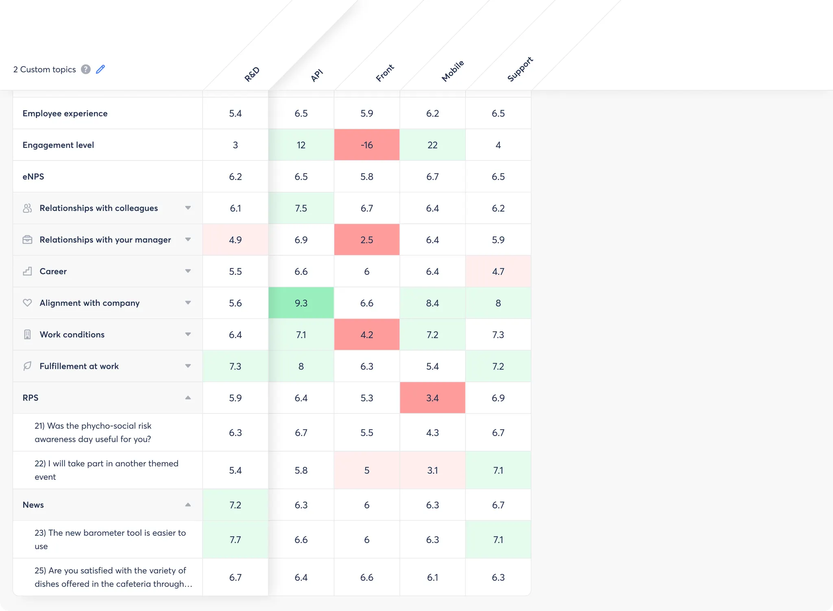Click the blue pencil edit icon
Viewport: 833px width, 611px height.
100,70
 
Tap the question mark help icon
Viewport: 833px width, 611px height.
85,70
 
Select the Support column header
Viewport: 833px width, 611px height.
520,70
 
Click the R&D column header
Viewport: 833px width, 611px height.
252,74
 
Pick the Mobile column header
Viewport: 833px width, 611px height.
452,71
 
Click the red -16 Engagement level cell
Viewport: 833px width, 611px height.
366,145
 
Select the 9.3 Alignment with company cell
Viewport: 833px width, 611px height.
301,303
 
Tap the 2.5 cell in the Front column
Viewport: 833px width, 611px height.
366,240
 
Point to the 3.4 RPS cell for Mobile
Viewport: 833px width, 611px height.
432,398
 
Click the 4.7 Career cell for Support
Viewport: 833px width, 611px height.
498,272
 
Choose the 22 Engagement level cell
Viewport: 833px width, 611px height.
432,145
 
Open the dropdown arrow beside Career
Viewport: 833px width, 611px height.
188,271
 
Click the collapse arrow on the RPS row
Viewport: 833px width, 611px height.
188,398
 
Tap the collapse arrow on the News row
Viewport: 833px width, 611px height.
188,505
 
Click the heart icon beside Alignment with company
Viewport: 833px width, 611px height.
27,303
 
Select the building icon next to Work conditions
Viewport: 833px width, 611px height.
27,335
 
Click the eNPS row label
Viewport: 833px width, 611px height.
33,177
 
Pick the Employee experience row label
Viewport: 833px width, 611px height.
65,113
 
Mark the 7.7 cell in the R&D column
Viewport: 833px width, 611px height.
235,540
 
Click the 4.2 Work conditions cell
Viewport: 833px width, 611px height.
366,335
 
